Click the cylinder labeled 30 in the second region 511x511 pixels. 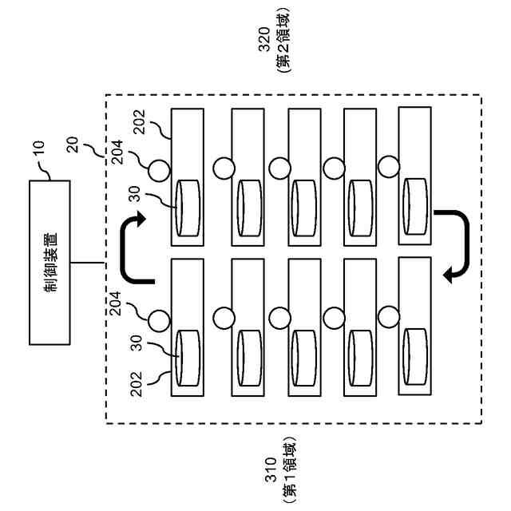188,207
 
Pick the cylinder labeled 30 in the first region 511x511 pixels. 188,357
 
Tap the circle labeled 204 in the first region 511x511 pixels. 159,319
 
